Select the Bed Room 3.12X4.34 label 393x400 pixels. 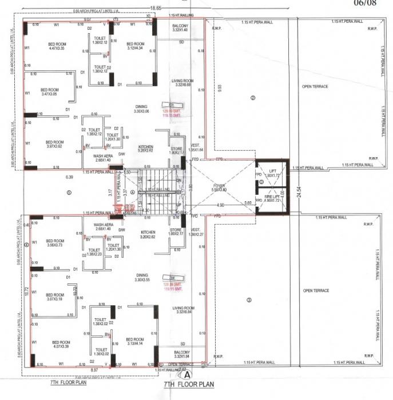135,46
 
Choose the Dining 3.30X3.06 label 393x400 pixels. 141,109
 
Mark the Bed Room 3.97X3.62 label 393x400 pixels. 54,144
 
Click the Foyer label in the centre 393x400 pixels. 220,187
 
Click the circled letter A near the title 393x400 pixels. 186,375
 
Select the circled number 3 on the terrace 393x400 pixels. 249,300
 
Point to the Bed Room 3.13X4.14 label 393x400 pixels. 135,341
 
